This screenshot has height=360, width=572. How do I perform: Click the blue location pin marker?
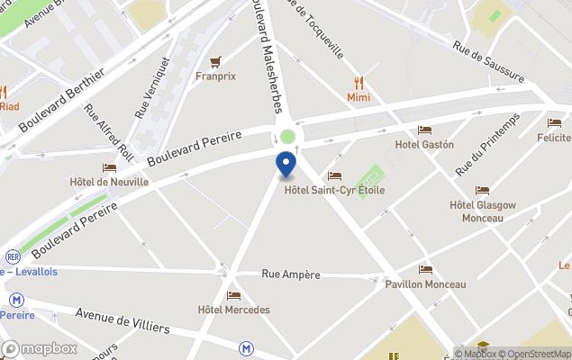286,165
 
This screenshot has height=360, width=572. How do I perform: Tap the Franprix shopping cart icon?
215,62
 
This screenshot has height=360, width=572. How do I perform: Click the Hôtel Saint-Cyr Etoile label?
334,190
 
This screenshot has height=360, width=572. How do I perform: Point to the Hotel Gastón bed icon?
424,130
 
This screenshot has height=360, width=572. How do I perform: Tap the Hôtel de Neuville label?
109,181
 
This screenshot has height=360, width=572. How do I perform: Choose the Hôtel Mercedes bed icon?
233,295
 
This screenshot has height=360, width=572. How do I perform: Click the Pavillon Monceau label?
425,283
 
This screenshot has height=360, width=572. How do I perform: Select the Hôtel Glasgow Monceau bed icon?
482,191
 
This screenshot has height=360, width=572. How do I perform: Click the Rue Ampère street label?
291,274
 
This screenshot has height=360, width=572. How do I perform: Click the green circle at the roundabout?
287,137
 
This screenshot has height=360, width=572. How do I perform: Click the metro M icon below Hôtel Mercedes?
246,347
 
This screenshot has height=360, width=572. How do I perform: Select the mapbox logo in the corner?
38,349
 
